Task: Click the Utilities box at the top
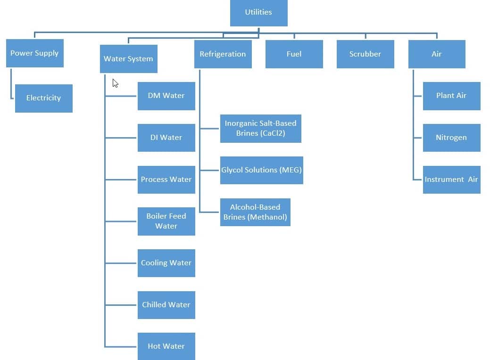258,12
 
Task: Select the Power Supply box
34,53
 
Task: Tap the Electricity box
43,98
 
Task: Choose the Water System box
128,59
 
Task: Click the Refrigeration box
223,54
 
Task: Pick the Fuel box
294,54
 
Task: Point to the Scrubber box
365,54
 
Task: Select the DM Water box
166,96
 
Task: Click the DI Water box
166,138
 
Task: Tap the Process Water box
166,180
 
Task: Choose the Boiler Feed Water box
166,221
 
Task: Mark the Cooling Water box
166,263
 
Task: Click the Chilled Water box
166,305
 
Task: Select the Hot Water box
166,346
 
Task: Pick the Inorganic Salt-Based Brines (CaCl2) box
260,128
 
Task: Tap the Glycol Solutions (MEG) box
261,170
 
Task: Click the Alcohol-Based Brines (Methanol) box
255,212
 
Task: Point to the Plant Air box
451,96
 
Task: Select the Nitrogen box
451,138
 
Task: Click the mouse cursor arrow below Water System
115,83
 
